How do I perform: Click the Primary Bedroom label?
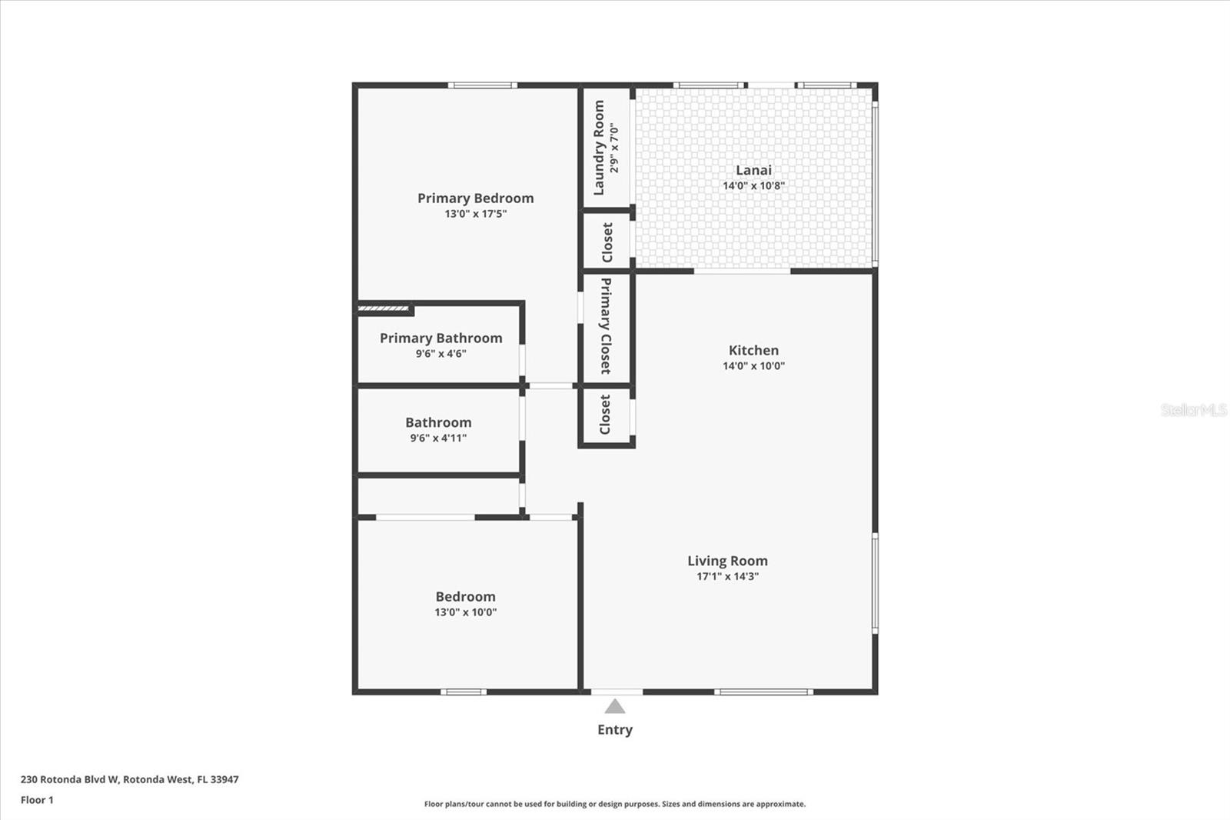pos(475,198)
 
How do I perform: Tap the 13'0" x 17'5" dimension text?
pos(475,214)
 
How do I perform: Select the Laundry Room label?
pos(599,148)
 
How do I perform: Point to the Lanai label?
pos(753,171)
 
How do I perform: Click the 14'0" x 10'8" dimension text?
pos(753,186)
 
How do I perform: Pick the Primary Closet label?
pos(606,326)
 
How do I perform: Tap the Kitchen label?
pos(753,351)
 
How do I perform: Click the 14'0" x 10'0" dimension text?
pos(753,366)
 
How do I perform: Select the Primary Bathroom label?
pos(440,338)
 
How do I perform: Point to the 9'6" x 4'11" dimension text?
pos(438,438)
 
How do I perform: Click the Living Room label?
pos(727,562)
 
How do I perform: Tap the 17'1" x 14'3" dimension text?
pos(727,577)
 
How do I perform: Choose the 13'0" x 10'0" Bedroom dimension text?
pos(465,612)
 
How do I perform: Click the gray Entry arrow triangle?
pos(614,707)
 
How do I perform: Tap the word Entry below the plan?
pos(614,730)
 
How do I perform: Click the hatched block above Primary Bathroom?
pos(384,309)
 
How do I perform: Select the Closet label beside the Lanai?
pos(607,242)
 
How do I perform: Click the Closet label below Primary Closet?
pos(605,415)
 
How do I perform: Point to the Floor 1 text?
pos(37,800)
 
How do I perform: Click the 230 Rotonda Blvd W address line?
pos(129,779)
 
